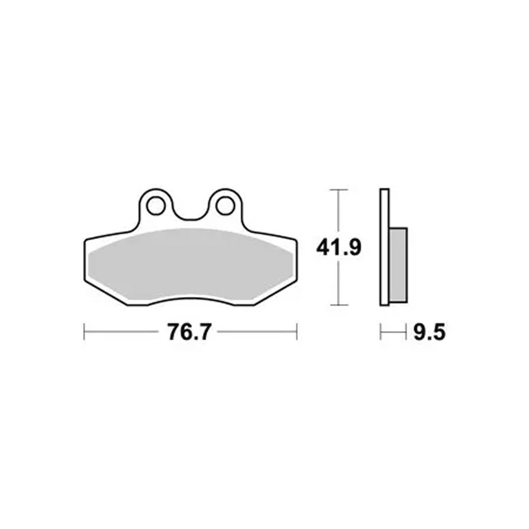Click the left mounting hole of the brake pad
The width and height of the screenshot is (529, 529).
point(156,206)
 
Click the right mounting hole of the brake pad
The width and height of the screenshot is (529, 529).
point(225,206)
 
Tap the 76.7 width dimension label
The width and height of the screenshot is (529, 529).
point(189,332)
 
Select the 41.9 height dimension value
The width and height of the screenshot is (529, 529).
point(339,247)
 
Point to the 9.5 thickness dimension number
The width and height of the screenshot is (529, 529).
point(430,332)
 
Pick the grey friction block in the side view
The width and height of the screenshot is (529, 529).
point(398,265)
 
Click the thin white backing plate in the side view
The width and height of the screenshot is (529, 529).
point(384,247)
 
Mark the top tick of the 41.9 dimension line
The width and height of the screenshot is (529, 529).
point(339,190)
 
